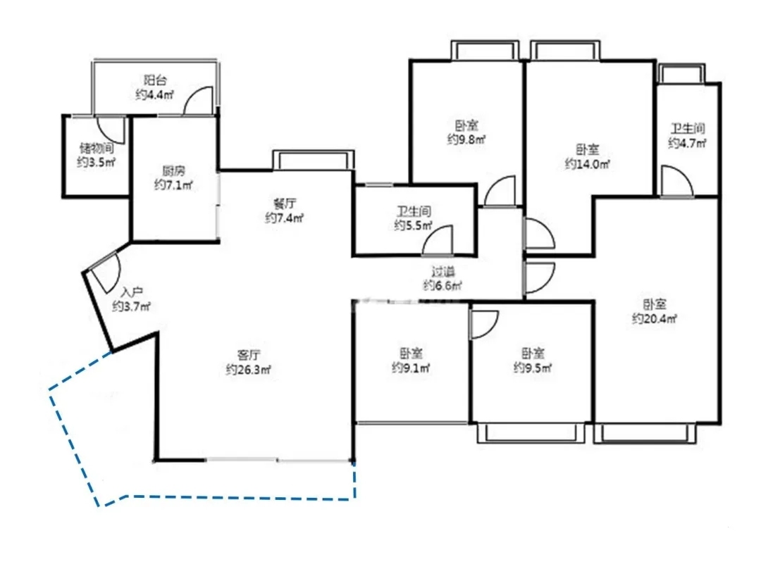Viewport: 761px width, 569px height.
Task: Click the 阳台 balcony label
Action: pyautogui.click(x=155, y=80)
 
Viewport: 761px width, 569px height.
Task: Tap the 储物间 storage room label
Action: pyautogui.click(x=97, y=147)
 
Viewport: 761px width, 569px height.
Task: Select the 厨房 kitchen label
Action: pyautogui.click(x=174, y=170)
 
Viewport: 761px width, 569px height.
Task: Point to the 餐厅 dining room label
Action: pyautogui.click(x=285, y=204)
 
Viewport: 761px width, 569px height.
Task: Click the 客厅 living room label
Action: pyautogui.click(x=249, y=355)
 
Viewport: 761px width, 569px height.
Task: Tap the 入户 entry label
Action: pyautogui.click(x=132, y=292)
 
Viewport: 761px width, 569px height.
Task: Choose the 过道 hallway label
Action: pyautogui.click(x=443, y=271)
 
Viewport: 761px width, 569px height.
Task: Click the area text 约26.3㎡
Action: pyautogui.click(x=249, y=370)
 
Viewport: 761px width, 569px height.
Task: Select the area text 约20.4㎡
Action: pyautogui.click(x=654, y=319)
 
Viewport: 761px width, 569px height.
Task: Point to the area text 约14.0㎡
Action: pyautogui.click(x=587, y=164)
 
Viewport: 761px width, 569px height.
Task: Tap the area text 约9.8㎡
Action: pyautogui.click(x=466, y=139)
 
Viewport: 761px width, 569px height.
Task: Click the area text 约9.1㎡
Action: pyautogui.click(x=411, y=368)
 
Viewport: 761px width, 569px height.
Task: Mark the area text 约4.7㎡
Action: pyautogui.click(x=687, y=143)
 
